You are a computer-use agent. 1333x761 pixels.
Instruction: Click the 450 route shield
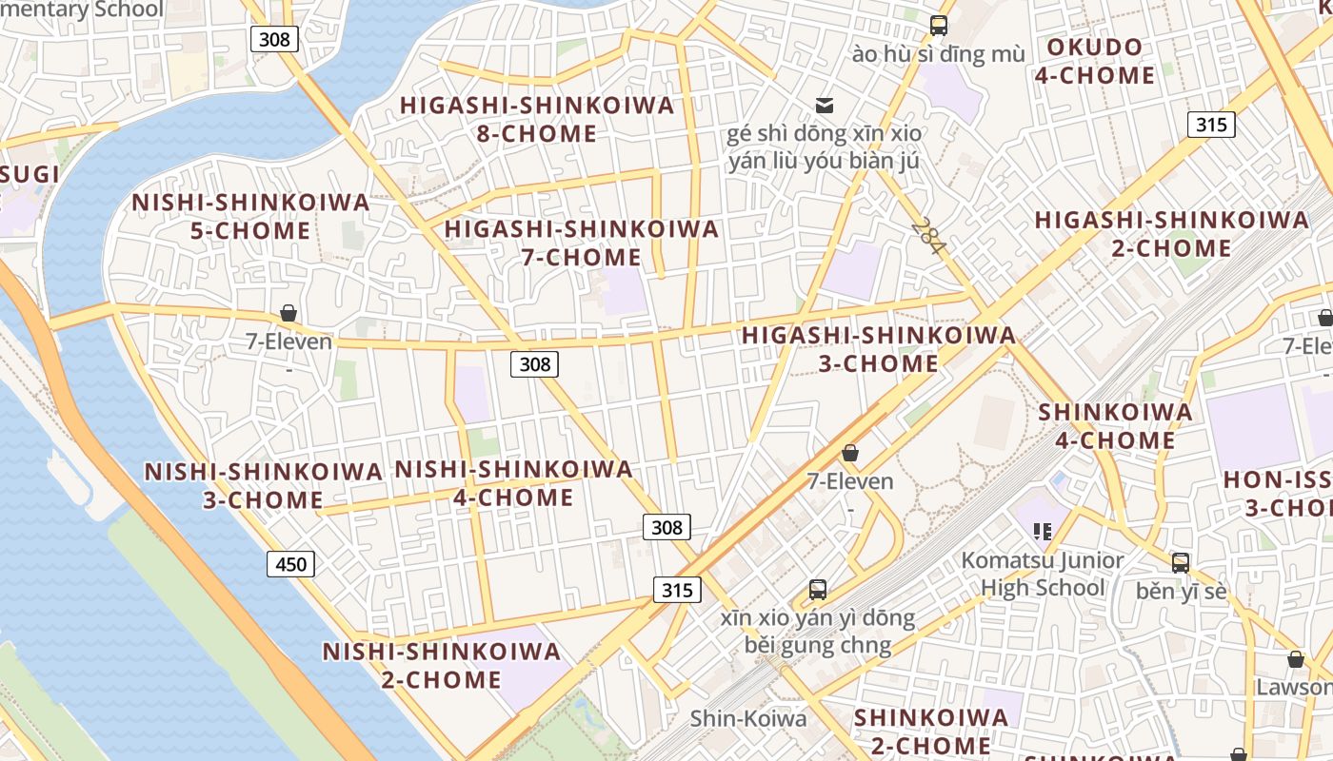[x=290, y=564]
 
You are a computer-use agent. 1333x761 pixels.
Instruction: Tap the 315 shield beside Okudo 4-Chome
[x=1211, y=125]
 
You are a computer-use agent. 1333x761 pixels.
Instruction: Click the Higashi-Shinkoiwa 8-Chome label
[x=537, y=119]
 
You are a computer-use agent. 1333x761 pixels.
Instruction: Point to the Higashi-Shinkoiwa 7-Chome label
[x=581, y=243]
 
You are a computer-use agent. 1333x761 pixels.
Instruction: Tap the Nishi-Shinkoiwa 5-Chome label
[x=249, y=216]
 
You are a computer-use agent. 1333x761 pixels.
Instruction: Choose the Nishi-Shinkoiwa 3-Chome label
[x=263, y=485]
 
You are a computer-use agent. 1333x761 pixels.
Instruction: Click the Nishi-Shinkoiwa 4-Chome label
[x=513, y=482]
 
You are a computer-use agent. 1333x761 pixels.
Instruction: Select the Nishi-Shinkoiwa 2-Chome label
[x=441, y=665]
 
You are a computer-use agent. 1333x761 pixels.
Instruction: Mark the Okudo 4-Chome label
[x=1094, y=61]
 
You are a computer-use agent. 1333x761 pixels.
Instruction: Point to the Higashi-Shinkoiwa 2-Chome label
[x=1171, y=234]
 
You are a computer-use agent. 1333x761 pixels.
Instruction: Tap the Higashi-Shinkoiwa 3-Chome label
[x=878, y=349]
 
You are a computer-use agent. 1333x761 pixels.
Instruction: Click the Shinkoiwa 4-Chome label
[x=1115, y=425]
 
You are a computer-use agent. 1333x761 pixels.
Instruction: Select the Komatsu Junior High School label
[x=1042, y=574]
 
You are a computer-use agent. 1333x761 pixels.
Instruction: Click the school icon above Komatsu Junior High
[x=1043, y=531]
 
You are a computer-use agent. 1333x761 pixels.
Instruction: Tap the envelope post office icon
[x=825, y=105]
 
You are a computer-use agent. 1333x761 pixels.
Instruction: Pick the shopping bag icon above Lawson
[x=1295, y=659]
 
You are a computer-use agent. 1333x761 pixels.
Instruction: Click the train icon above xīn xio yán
[x=817, y=590]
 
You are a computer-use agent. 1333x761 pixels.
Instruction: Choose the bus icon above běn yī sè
[x=1181, y=562]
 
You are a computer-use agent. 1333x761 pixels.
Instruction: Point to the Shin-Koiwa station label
[x=747, y=718]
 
